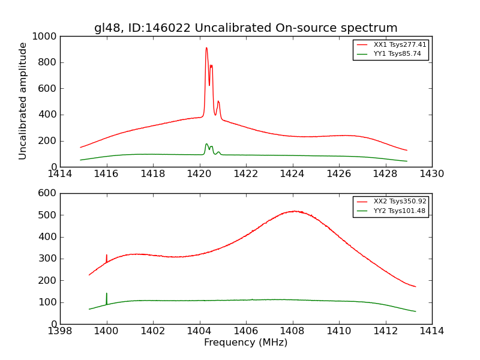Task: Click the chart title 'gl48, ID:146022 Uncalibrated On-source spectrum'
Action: pyautogui.click(x=245, y=28)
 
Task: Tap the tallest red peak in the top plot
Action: pyautogui.click(x=206, y=48)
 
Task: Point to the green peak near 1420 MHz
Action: pyautogui.click(x=206, y=144)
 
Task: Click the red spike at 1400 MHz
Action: pyautogui.click(x=107, y=255)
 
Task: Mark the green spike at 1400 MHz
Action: pyautogui.click(x=107, y=293)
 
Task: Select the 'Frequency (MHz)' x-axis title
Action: pyautogui.click(x=245, y=343)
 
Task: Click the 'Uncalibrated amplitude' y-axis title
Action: pyautogui.click(x=23, y=101)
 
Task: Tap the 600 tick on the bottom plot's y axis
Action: pyautogui.click(x=47, y=193)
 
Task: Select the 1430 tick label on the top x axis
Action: pyautogui.click(x=431, y=174)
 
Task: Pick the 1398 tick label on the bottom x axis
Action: pyautogui.click(x=60, y=331)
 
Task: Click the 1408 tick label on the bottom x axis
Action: pyautogui.click(x=292, y=331)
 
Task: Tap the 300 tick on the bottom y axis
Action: pyautogui.click(x=47, y=259)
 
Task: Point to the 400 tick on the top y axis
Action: pyautogui.click(x=47, y=115)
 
